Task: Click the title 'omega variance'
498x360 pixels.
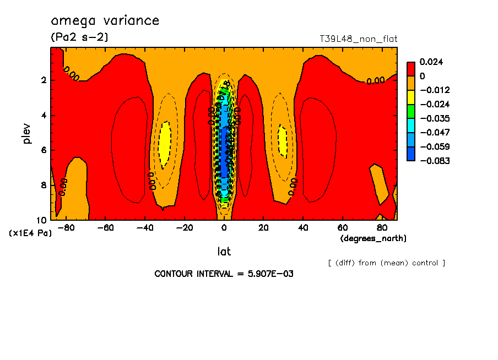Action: tap(105, 21)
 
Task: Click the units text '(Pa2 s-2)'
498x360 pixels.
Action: tap(79, 37)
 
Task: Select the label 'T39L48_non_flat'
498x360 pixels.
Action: tap(358, 39)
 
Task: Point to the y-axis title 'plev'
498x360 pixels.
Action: tap(27, 133)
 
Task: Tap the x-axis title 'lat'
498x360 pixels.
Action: tap(224, 252)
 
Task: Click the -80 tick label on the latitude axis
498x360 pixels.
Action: tap(67, 227)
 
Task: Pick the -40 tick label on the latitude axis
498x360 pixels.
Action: tap(145, 227)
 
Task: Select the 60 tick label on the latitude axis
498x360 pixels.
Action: tap(342, 227)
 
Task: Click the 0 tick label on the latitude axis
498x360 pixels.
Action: tap(224, 227)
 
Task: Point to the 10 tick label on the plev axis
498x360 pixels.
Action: tap(42, 220)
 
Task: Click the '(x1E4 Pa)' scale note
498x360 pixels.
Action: tap(30, 233)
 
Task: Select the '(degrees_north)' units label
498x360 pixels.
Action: tap(373, 238)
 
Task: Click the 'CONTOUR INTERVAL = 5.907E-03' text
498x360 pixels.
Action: tap(224, 274)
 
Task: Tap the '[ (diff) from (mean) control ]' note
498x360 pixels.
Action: tap(386, 263)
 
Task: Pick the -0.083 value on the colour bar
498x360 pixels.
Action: tap(434, 161)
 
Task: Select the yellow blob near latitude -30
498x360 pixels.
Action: tap(165, 144)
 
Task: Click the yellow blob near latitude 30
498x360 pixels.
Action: tap(283, 140)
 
